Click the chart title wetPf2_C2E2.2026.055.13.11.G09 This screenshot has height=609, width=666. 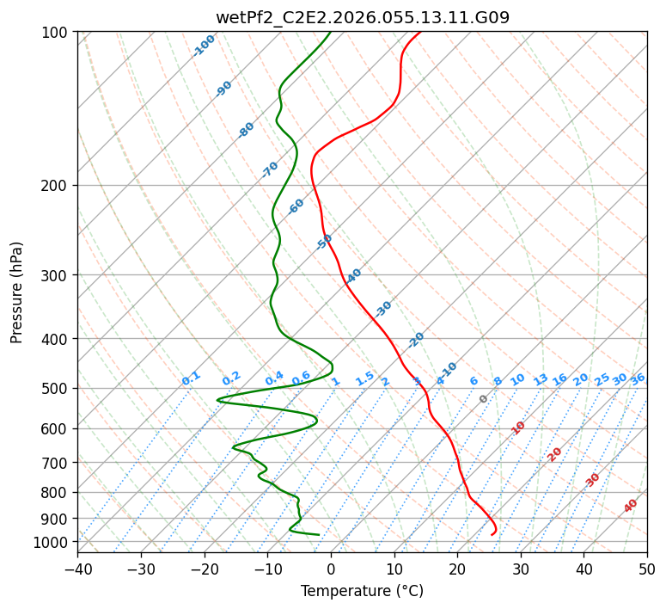point(362,17)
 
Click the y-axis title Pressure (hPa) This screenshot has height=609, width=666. point(17,292)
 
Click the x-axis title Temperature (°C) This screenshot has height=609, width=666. point(362,591)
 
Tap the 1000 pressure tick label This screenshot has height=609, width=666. point(52,542)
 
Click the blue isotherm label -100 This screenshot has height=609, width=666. point(204,46)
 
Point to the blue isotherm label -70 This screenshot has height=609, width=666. point(270,169)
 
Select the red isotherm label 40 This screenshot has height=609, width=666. point(631,506)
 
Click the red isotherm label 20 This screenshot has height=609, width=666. point(555,453)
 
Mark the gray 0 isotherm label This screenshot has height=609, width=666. point(484,399)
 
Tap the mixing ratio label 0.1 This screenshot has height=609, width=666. point(191,378)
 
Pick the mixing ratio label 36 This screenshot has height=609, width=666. point(638,378)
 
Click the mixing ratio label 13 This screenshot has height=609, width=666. point(541,379)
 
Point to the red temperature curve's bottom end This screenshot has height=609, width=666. point(492,534)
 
